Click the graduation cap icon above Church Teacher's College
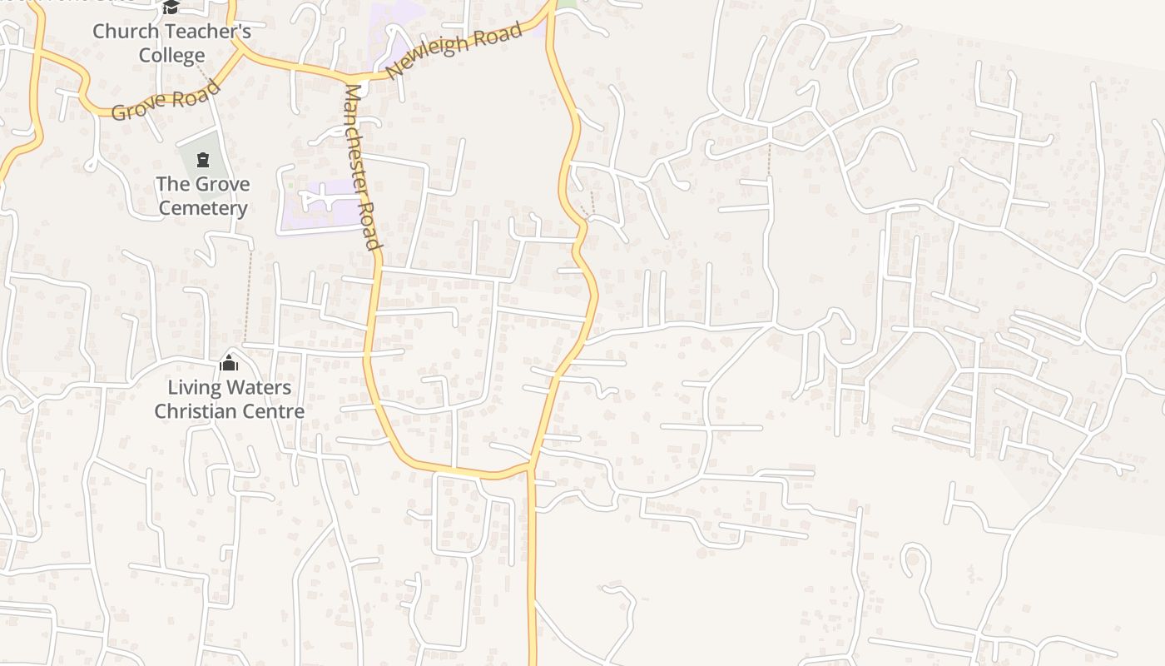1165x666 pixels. (171, 7)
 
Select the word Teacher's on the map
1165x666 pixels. (205, 32)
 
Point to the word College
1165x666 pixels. (171, 56)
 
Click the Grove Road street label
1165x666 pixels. (166, 100)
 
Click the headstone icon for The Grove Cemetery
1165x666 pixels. (203, 159)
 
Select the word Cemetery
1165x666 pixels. (203, 208)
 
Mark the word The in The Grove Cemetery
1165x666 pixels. (173, 184)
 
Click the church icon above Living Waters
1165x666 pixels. (229, 363)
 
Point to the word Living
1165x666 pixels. (195, 387)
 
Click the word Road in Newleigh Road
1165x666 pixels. (499, 34)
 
